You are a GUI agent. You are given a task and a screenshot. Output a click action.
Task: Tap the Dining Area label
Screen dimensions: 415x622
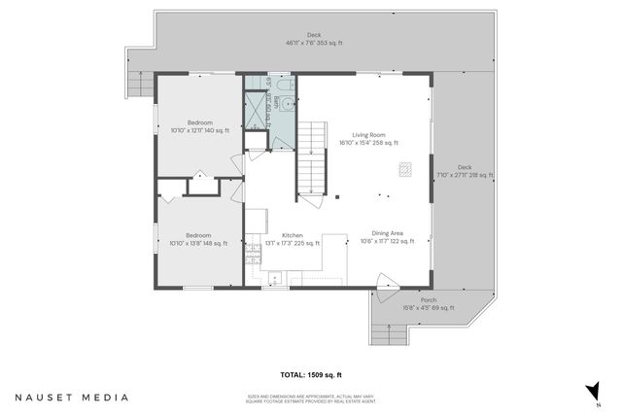click(395, 237)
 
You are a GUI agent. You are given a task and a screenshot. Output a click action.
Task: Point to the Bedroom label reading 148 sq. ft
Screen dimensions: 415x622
click(198, 239)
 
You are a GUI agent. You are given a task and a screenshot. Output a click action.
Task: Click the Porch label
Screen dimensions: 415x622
click(428, 303)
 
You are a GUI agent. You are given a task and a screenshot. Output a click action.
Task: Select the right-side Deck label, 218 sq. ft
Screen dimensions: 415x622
click(464, 171)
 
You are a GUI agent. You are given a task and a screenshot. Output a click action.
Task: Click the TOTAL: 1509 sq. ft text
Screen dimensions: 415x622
click(311, 374)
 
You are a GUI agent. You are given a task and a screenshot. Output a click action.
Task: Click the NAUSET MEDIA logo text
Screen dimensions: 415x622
click(71, 397)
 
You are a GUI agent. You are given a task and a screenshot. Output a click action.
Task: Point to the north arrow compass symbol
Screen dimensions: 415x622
click(590, 392)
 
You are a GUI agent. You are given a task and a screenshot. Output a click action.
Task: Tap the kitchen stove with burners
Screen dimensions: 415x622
click(254, 256)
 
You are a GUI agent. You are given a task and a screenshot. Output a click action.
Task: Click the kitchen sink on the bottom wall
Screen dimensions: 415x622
click(275, 280)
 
